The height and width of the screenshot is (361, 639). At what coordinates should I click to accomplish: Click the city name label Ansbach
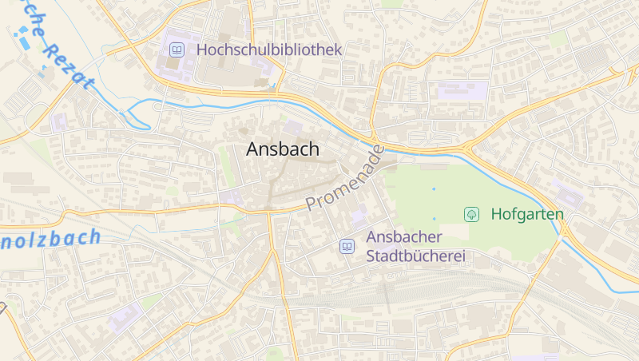pos(283,149)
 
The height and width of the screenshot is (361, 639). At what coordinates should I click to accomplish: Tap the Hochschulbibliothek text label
pos(269,50)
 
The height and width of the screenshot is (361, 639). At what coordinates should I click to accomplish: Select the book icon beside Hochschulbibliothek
pos(177,50)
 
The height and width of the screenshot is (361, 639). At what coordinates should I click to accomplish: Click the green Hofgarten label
pos(527,214)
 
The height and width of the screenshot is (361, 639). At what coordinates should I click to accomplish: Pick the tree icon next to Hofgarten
pos(472,214)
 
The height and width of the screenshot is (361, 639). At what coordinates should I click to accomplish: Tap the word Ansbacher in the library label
pos(404,237)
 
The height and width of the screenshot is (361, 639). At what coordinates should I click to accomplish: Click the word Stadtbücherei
pos(415,256)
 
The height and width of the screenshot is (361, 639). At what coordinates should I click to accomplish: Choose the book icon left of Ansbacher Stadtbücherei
pos(347,246)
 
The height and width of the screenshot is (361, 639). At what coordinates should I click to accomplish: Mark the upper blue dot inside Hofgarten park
pos(434,189)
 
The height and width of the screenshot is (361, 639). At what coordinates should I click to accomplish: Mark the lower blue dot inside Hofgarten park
pos(435,218)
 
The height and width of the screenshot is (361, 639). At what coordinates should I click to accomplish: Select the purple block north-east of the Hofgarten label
pos(568,196)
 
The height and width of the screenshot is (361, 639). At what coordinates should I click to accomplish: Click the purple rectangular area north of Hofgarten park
pos(462,91)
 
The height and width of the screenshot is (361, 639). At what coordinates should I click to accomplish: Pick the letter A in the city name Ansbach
pos(252,149)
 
